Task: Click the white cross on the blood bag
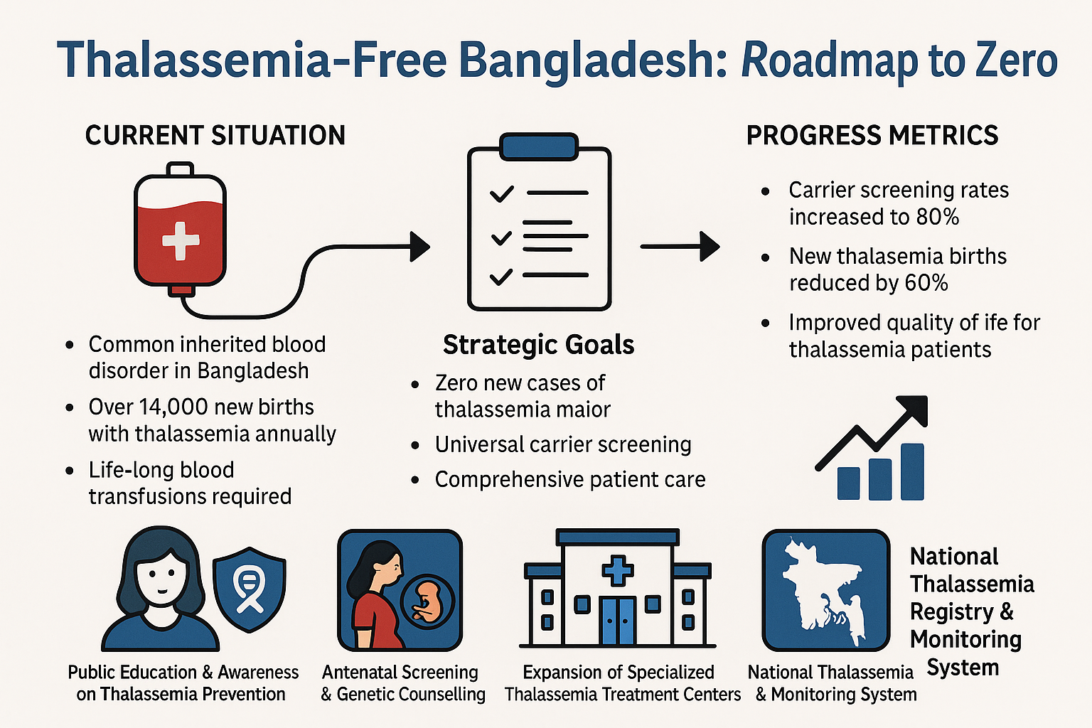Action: [x=181, y=241]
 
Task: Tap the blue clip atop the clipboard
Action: [x=539, y=146]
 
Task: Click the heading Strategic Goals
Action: [x=539, y=345]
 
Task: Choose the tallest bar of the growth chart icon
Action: [x=912, y=471]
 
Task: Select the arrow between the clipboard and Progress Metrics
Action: [x=680, y=247]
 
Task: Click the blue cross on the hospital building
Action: [x=618, y=570]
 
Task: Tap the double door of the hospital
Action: [x=618, y=621]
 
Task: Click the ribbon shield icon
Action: [x=249, y=589]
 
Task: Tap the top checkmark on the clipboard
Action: [x=502, y=193]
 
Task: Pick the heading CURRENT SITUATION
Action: [x=215, y=135]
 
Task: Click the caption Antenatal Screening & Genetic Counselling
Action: [x=402, y=683]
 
